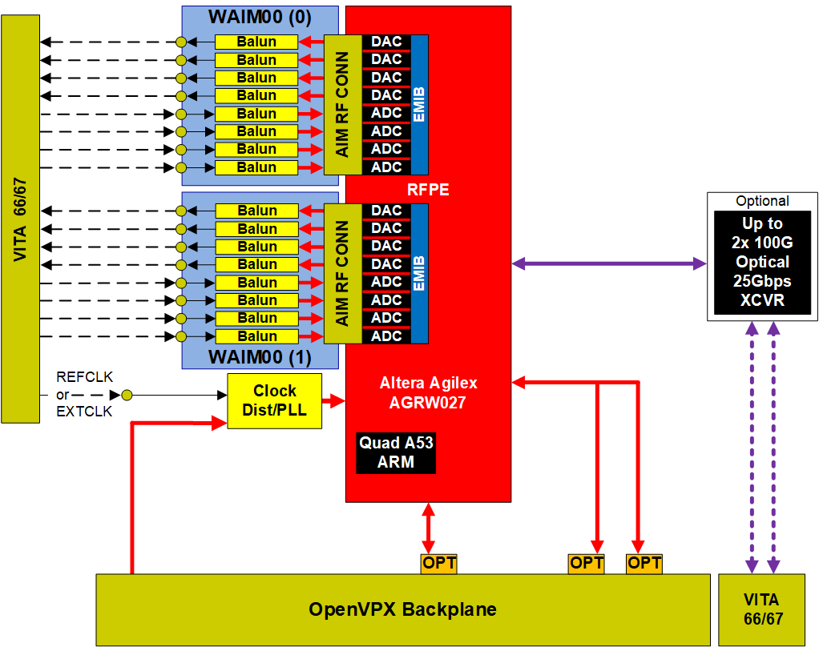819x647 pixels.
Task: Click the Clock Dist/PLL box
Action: (274, 400)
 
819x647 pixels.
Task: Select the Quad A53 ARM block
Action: (396, 452)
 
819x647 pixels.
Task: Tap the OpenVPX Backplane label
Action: (402, 609)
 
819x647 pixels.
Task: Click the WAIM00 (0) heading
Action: (260, 16)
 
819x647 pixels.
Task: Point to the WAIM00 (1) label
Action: (260, 356)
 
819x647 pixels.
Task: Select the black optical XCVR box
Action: (762, 262)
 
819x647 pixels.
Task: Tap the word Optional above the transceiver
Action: (762, 201)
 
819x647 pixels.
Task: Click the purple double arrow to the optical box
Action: (609, 262)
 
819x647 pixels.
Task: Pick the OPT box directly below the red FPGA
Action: (438, 563)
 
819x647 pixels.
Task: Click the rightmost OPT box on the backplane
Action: (644, 563)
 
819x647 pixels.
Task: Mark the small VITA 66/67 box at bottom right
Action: (761, 609)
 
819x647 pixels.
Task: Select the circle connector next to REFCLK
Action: (127, 395)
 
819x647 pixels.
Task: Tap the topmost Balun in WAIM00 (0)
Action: (256, 42)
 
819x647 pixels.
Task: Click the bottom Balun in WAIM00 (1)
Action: (256, 336)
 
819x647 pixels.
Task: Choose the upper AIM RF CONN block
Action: (342, 104)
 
